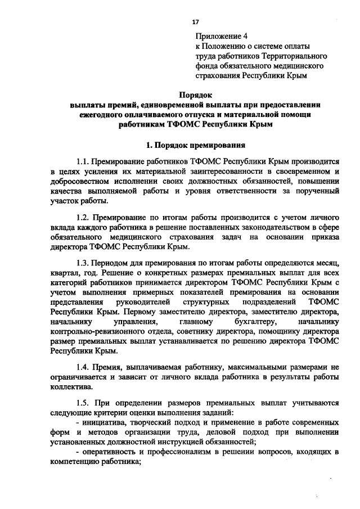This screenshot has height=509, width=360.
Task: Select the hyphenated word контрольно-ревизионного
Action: click(95, 331)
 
